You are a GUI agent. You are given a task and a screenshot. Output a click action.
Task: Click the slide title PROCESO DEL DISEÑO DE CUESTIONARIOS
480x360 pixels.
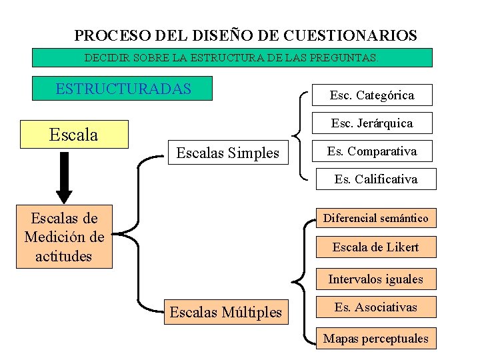tap(245, 35)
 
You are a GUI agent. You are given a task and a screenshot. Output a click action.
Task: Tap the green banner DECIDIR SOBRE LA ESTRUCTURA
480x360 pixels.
tap(232, 57)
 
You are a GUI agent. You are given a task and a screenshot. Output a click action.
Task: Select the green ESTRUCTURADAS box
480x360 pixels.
tap(123, 89)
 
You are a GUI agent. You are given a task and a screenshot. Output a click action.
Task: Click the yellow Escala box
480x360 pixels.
tap(74, 135)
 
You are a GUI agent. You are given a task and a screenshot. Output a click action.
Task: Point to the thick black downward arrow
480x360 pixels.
tap(64, 177)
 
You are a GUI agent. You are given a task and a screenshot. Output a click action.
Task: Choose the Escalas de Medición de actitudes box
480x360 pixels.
tap(65, 237)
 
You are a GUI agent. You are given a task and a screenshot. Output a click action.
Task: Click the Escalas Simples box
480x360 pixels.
tap(227, 153)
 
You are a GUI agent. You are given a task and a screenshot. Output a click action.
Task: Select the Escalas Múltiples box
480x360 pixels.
tap(226, 311)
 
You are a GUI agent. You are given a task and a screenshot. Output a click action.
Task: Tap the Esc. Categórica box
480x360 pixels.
tap(371, 95)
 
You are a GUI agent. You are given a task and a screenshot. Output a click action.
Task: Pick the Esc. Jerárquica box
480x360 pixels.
tap(371, 123)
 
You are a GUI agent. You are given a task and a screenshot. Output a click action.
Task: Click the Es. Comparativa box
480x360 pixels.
tap(371, 151)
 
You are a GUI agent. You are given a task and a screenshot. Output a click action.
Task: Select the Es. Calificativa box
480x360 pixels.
tap(375, 179)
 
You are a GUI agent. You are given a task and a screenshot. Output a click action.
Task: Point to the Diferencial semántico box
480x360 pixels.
tap(375, 218)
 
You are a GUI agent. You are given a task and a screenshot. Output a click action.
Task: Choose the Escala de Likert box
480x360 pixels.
tap(375, 247)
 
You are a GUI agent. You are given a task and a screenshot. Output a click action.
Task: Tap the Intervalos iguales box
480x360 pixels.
tap(375, 279)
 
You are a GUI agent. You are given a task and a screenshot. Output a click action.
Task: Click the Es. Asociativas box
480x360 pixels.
tap(375, 307)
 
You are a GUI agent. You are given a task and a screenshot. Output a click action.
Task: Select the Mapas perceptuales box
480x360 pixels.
tap(375, 338)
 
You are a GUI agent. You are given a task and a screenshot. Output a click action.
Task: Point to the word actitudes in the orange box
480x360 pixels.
tap(65, 256)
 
